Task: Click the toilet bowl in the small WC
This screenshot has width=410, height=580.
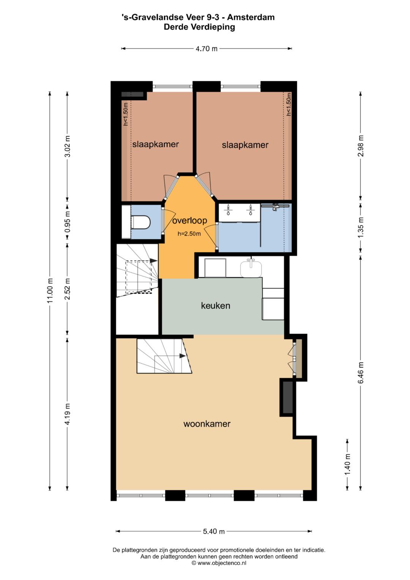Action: pyautogui.click(x=141, y=223)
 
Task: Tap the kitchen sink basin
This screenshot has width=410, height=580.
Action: pyautogui.click(x=251, y=269)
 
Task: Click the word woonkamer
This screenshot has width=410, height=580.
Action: pyautogui.click(x=207, y=424)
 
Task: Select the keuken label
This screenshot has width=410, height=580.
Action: pyautogui.click(x=216, y=305)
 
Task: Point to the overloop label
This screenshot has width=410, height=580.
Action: pyautogui.click(x=190, y=220)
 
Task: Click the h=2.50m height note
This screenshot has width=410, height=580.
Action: pyautogui.click(x=189, y=234)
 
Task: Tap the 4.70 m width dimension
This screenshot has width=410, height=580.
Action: pyautogui.click(x=207, y=48)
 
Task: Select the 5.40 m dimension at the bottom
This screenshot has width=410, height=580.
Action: pyautogui.click(x=214, y=531)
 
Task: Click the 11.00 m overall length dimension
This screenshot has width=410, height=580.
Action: pyautogui.click(x=50, y=291)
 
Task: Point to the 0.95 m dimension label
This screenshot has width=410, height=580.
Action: pyautogui.click(x=67, y=223)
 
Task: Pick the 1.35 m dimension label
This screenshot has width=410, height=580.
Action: pyautogui.click(x=361, y=227)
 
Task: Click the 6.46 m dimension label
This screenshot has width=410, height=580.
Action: pyautogui.click(x=361, y=373)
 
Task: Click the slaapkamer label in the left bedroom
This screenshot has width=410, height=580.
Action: pyautogui.click(x=156, y=144)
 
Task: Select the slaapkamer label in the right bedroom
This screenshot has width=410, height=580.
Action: pyautogui.click(x=245, y=145)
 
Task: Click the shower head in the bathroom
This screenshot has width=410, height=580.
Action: pyautogui.click(x=275, y=207)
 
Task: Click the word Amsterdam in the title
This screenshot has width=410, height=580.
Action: pyautogui.click(x=251, y=17)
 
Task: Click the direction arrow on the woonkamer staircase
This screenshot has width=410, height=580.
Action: pyautogui.click(x=183, y=356)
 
